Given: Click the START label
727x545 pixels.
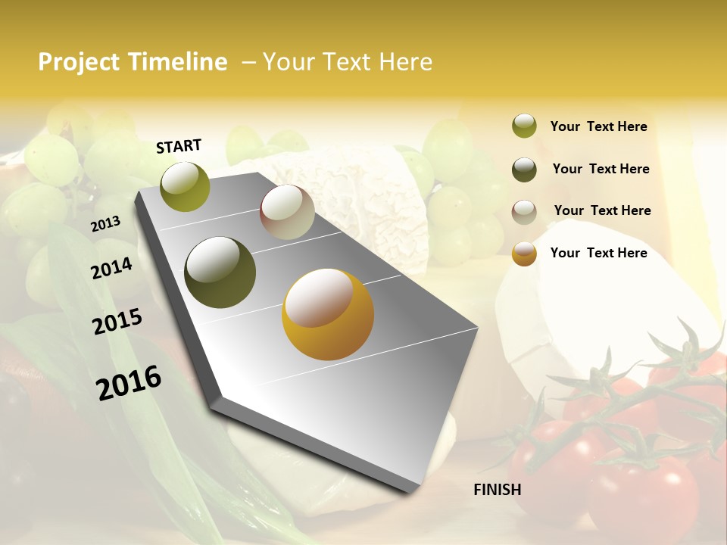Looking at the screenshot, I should tap(179, 146).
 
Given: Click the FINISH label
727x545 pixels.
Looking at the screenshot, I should tap(498, 490).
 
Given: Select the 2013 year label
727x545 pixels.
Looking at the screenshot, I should tap(106, 224).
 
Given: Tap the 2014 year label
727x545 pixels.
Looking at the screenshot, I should tap(112, 268).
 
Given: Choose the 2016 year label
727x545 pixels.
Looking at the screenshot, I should tap(129, 382).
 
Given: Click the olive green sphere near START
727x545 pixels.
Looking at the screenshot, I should tap(186, 186).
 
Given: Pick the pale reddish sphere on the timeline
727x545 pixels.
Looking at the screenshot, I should tap(287, 212).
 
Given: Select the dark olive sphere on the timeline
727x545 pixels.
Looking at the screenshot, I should tap(220, 272).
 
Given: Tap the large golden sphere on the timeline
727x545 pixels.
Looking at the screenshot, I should tap(328, 314).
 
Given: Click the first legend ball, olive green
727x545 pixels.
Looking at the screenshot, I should tap(524, 126).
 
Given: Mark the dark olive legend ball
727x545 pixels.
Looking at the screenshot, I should tap(524, 170).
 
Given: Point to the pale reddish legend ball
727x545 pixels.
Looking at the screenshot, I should tap(524, 212).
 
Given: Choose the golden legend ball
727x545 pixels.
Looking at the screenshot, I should tap(524, 254).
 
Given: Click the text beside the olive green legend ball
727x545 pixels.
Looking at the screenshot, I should tap(598, 127).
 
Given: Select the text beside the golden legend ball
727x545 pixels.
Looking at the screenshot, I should tap(598, 253).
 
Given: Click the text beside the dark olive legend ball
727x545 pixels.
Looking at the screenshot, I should tap(601, 169).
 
